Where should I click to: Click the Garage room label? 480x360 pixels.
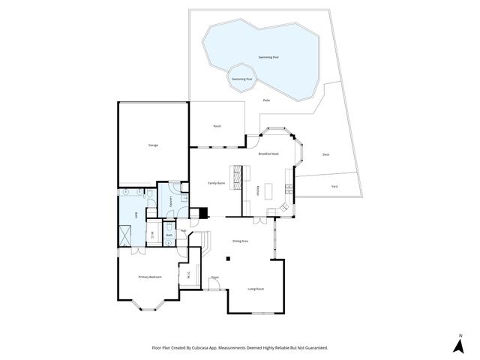tap(153, 145)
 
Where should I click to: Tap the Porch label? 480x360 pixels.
tap(217, 126)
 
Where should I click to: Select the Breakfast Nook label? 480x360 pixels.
tap(268, 153)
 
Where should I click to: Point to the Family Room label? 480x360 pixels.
tap(217, 183)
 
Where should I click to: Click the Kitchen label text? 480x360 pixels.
tap(258, 191)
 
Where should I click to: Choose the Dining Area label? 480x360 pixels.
tap(240, 241)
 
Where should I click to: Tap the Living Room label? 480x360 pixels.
tap(256, 289)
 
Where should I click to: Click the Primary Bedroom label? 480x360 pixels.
tap(150, 277)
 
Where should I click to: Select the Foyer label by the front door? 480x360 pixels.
tap(214, 277)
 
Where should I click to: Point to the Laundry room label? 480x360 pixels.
tap(172, 202)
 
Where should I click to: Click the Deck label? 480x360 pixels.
tap(325, 154)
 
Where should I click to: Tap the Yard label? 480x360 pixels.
tap(333, 187)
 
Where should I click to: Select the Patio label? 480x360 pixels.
tap(266, 100)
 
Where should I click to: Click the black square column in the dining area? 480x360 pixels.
tap(230, 259)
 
